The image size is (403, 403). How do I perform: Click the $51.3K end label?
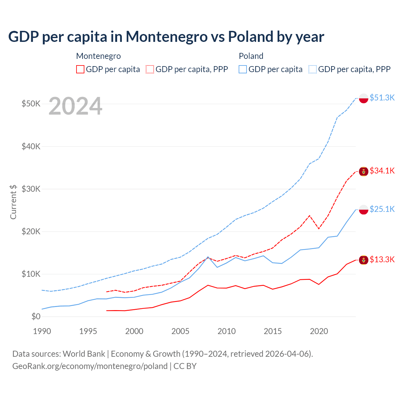click(382, 98)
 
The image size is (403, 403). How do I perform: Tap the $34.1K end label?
click(382, 171)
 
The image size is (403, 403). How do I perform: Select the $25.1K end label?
click(382, 209)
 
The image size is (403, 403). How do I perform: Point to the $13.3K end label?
click(382, 259)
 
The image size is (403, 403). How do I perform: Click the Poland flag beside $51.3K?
click(364, 98)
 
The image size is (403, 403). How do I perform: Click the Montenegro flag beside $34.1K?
click(364, 172)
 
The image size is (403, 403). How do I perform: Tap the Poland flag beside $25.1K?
click(364, 210)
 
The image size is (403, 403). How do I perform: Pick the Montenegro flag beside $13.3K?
click(364, 260)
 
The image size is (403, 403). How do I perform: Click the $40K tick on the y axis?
click(31, 146)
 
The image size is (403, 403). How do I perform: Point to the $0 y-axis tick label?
click(36, 316)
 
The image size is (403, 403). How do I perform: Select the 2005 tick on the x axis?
click(180, 331)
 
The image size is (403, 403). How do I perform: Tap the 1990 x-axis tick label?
click(42, 331)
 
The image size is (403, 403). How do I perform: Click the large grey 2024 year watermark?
click(75, 106)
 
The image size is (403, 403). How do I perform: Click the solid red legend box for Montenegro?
click(80, 69)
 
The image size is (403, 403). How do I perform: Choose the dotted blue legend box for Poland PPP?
click(313, 69)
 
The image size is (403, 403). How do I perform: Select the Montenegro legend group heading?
click(99, 56)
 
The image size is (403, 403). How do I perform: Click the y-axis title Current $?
click(13, 202)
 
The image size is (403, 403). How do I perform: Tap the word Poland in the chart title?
click(251, 37)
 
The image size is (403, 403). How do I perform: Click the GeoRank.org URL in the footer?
click(90, 366)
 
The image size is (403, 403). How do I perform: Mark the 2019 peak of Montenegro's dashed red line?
click(309, 215)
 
